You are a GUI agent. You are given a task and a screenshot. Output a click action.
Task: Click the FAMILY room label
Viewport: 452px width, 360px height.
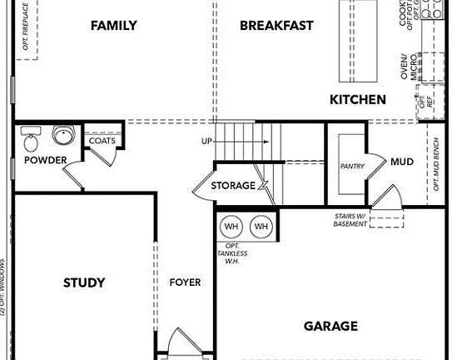tap(114, 26)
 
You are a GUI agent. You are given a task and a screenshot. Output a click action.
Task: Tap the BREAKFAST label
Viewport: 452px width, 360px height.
tap(276, 26)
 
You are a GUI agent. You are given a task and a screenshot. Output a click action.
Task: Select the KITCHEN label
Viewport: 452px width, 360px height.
tap(358, 100)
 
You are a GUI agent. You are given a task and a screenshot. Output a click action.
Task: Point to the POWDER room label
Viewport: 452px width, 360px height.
tap(45, 160)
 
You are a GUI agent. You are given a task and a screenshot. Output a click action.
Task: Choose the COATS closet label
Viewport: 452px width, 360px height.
tap(102, 141)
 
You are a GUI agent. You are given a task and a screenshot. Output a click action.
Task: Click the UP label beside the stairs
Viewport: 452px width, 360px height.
tap(206, 142)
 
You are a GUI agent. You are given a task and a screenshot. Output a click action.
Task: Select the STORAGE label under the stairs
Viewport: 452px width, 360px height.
tap(232, 185)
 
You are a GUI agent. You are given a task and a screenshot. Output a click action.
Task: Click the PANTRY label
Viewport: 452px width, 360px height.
tap(352, 167)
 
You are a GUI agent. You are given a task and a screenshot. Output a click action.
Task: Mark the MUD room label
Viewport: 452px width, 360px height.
tap(402, 161)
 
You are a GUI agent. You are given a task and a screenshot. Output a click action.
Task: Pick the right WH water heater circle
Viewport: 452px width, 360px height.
tap(261, 227)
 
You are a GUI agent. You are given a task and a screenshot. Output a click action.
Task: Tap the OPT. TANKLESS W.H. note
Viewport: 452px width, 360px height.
tap(232, 253)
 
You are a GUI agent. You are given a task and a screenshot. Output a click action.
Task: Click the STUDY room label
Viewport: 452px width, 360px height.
tap(84, 282)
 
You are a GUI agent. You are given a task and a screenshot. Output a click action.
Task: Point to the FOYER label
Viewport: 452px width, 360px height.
tap(185, 282)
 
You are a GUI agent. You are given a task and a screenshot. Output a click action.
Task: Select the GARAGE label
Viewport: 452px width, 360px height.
tap(330, 326)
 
